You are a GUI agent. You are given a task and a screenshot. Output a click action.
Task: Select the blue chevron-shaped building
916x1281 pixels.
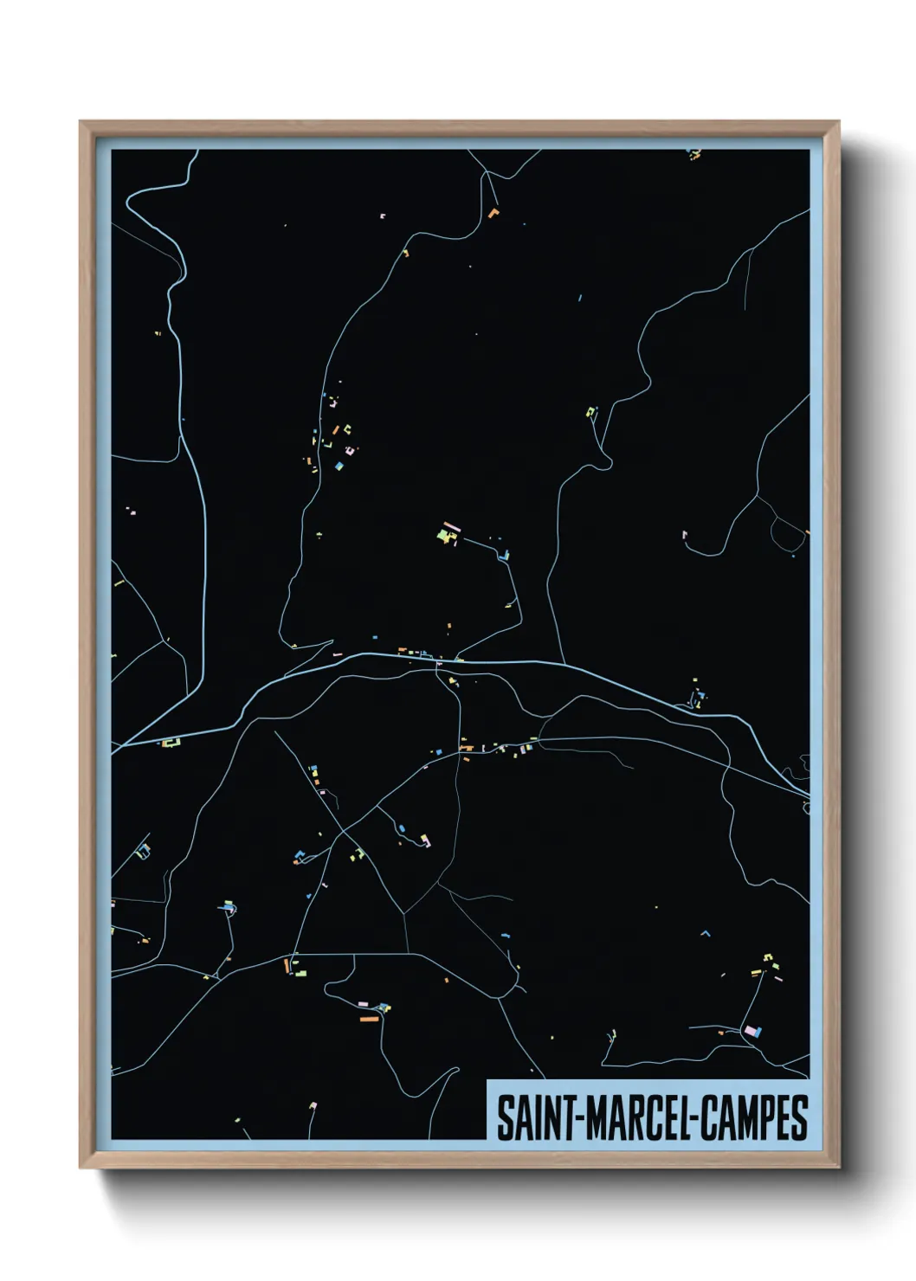click(x=705, y=933)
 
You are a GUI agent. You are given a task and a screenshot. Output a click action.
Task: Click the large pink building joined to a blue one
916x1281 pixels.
click(x=752, y=1030)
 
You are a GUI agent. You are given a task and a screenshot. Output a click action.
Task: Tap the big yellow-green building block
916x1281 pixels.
click(x=447, y=537)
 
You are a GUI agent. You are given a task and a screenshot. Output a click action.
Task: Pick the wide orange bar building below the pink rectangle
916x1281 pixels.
click(x=370, y=1019)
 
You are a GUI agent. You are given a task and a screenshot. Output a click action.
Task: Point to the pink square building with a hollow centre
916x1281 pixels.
click(x=350, y=449)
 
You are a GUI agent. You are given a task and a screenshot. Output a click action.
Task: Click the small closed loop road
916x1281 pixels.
click(x=806, y=808)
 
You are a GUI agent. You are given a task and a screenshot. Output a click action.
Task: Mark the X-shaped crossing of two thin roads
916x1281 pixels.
click(x=344, y=833)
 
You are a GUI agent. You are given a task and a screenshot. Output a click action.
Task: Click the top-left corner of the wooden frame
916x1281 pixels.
click(x=81, y=122)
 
